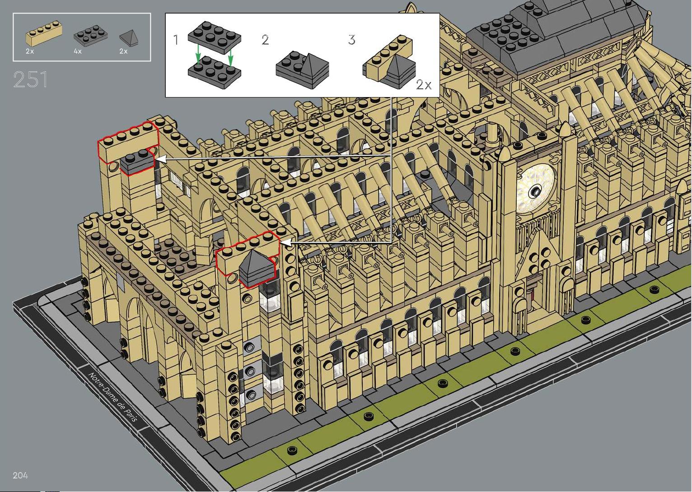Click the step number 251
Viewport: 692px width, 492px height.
pos(31,79)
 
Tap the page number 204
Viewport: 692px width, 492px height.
pos(20,475)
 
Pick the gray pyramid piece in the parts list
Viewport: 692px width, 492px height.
pos(129,38)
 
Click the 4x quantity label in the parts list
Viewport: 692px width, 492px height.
pos(78,51)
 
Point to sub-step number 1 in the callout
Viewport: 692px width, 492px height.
pos(176,40)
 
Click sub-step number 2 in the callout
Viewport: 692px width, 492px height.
pos(265,40)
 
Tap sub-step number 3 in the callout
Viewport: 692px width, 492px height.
pos(351,40)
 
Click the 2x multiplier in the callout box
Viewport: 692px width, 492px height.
pos(424,84)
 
